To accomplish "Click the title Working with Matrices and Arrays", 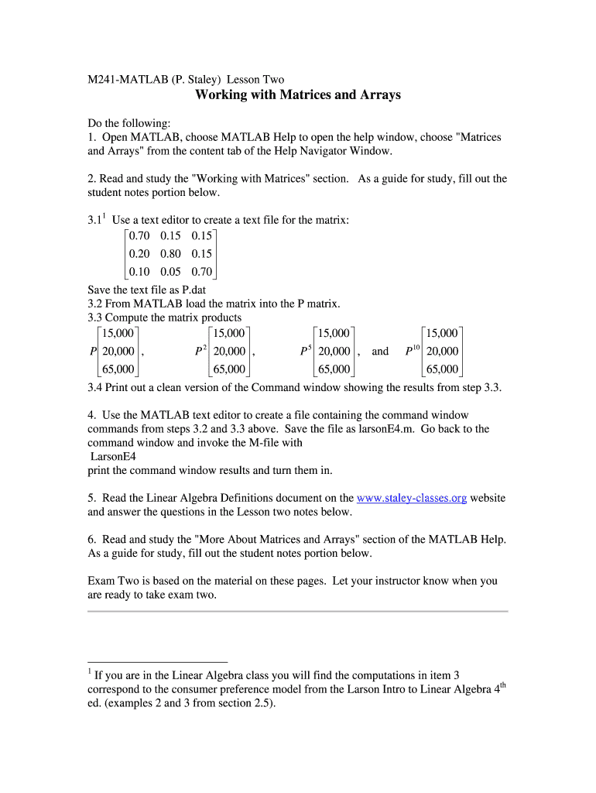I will click(298, 95).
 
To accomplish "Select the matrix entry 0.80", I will click(171, 253).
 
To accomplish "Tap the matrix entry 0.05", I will click(171, 272).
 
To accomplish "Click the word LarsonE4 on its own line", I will click(113, 456).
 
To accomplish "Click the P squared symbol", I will click(200, 350).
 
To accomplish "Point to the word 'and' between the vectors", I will click(380, 351).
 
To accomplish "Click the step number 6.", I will click(91, 539).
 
